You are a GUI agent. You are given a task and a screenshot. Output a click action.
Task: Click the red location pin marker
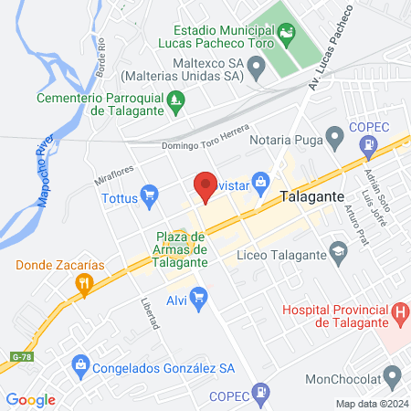(205, 186)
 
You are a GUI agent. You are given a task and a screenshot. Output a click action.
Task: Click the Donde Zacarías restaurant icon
(84, 283)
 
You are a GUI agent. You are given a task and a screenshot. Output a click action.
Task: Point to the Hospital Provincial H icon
(399, 315)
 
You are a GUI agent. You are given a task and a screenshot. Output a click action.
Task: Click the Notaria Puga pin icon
(336, 140)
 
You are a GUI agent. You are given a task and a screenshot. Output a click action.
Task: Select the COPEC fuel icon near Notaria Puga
(368, 143)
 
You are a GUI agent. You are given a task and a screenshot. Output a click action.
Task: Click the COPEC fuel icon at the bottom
(261, 394)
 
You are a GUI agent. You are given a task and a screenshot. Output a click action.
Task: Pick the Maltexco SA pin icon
(257, 66)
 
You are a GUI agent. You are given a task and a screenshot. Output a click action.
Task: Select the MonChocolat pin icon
(394, 374)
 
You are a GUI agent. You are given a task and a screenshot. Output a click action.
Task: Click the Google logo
(31, 399)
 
